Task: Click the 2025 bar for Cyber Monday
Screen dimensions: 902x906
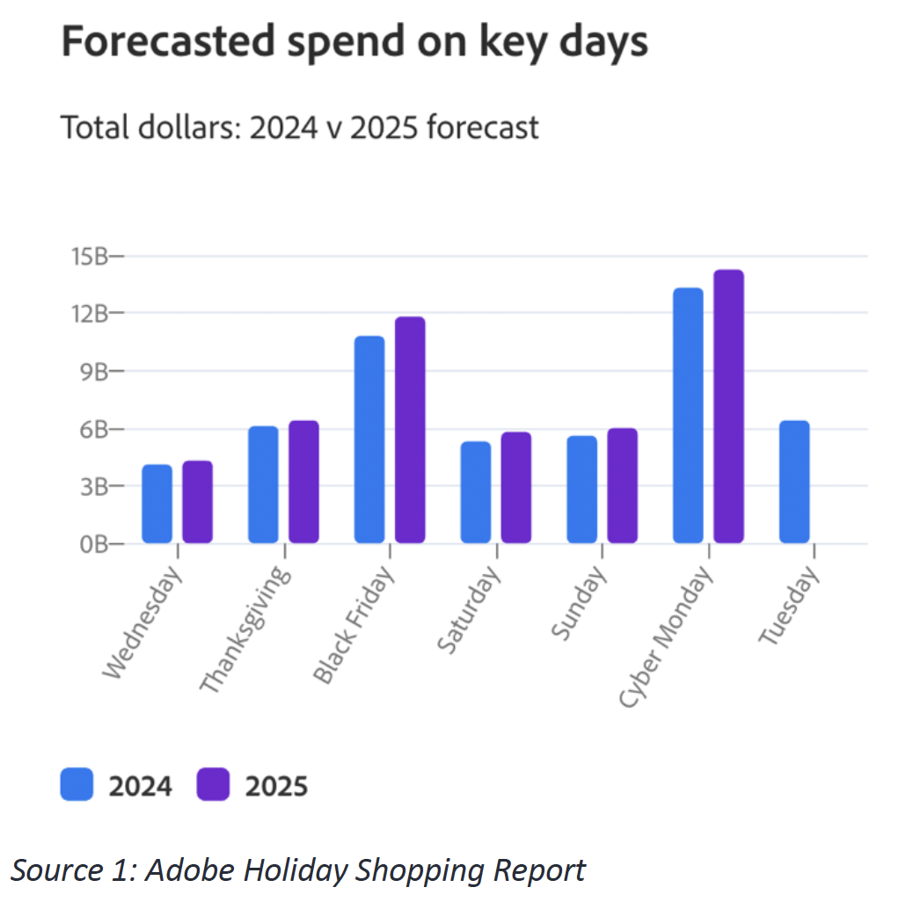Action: coord(728,406)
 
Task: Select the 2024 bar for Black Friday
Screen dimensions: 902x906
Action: coord(369,440)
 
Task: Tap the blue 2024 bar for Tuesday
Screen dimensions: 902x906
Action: coord(794,482)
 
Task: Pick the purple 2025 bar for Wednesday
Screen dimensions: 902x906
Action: coord(198,502)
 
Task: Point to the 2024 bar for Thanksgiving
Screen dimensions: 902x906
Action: coord(263,484)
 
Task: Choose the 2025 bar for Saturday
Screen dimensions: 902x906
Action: coord(516,488)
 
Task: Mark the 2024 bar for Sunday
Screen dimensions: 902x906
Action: coord(581,490)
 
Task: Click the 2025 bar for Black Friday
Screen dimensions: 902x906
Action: coord(410,430)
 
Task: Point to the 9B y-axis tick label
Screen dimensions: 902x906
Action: coord(92,371)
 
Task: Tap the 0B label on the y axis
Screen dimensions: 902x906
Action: coord(92,544)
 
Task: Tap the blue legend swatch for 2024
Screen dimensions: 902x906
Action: coord(77,784)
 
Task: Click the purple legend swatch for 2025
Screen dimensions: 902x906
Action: coord(213,784)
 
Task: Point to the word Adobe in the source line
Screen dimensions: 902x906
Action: coord(195,870)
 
